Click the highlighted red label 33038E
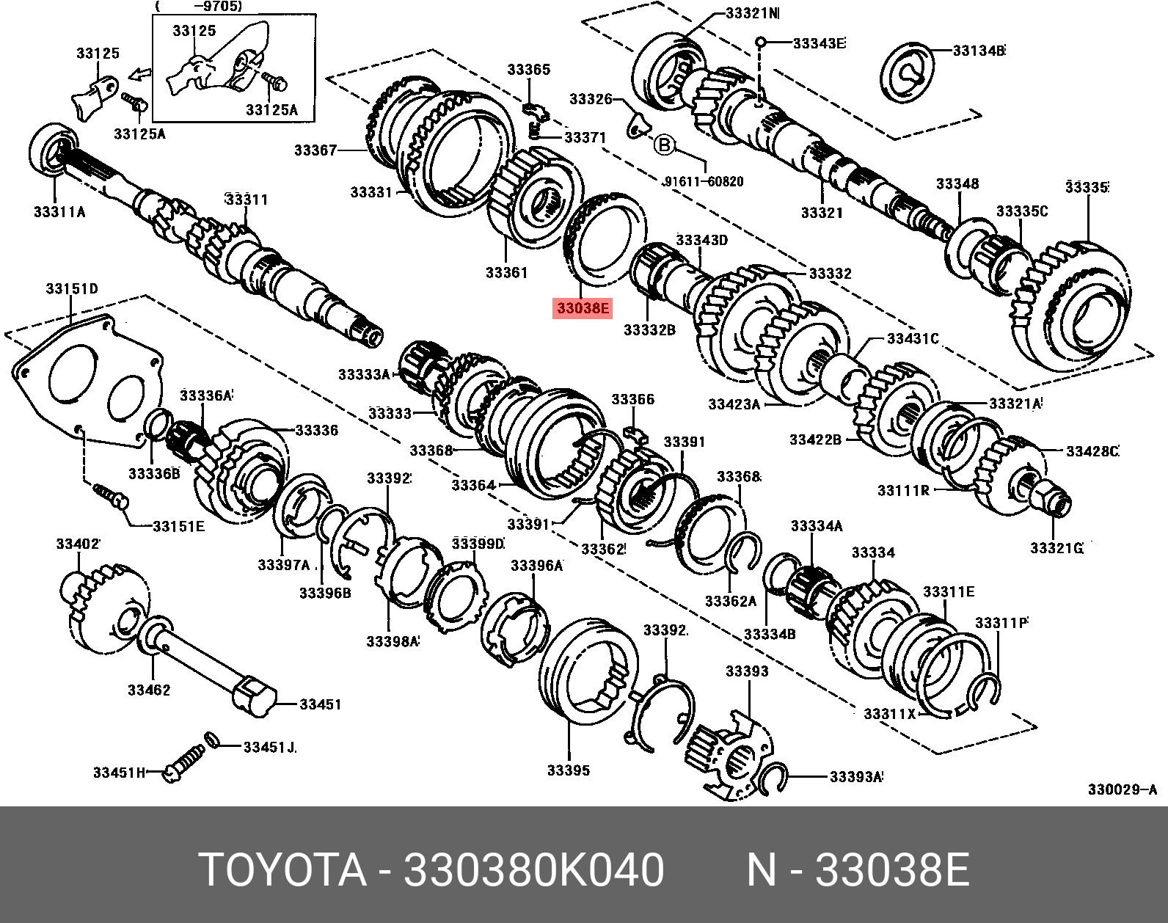[583, 308]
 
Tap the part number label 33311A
[59, 212]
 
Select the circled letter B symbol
[663, 145]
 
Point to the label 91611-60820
[703, 182]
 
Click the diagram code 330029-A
[1122, 789]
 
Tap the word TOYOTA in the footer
[282, 870]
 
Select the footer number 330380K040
[534, 870]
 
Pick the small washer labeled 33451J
[211, 739]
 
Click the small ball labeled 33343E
[761, 42]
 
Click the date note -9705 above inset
[199, 7]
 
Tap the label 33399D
[478, 544]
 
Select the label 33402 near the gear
[78, 544]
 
